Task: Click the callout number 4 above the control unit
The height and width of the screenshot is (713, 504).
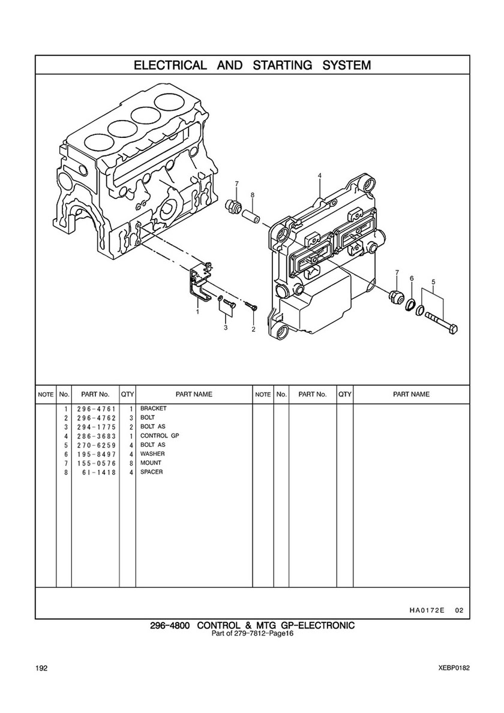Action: pos(320,176)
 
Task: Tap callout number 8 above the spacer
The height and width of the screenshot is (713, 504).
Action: pos(253,195)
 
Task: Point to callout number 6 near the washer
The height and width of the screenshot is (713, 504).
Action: pos(412,278)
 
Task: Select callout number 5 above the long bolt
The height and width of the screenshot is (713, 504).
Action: pos(433,281)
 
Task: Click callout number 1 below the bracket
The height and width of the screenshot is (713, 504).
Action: pos(197,312)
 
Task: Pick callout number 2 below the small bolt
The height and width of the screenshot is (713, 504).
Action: pos(253,329)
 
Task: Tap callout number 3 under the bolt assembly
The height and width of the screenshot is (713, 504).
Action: pos(226,327)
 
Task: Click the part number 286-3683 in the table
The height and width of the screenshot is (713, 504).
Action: pos(97,436)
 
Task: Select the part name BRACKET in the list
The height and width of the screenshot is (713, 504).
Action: pos(153,408)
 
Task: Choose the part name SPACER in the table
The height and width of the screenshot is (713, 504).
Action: pos(151,472)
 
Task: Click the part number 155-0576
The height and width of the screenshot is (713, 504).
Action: pos(97,464)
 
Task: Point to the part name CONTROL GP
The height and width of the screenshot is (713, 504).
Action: pos(160,435)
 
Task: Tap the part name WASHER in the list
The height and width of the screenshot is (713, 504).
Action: pos(152,454)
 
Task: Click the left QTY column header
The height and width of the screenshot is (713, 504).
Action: pos(127,394)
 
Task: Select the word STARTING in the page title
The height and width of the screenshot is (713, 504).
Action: pos(283,65)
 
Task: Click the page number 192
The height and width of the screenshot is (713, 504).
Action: pos(41,668)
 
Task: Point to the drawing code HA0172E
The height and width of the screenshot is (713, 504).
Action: pos(424,610)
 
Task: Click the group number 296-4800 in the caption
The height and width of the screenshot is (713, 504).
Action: pos(170,625)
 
